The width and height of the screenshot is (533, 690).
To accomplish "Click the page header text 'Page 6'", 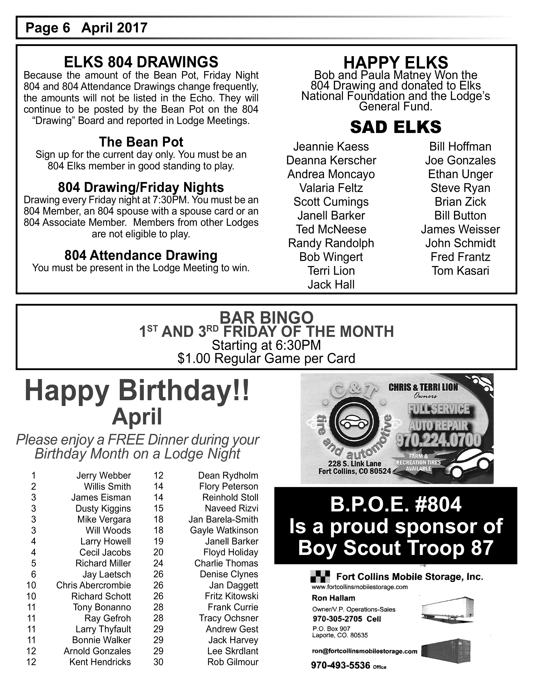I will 48,28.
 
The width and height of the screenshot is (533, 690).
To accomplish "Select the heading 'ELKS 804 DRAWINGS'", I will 141,62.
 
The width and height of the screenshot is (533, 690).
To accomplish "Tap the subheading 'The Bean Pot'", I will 141,142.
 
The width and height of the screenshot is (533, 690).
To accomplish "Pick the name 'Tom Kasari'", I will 460,271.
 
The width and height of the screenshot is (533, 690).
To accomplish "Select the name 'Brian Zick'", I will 460,202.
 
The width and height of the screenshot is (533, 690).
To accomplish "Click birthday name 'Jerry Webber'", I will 103,475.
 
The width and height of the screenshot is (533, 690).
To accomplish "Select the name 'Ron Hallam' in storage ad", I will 333,598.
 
